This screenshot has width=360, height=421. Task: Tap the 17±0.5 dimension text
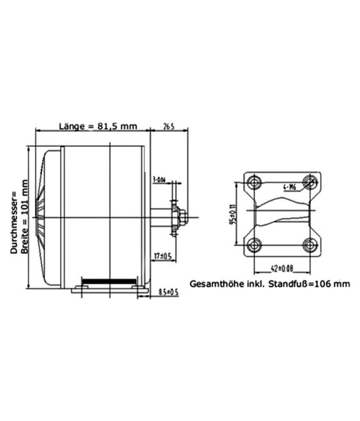coord(163,256)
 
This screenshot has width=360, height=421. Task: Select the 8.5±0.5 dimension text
coord(168,292)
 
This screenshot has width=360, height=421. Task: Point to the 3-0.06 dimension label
coord(159,180)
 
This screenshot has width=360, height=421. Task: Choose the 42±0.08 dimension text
coord(281,268)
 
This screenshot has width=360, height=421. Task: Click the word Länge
coord(70,127)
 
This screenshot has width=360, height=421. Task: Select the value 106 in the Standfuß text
coord(327,283)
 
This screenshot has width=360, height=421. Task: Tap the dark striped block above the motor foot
coord(109,281)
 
